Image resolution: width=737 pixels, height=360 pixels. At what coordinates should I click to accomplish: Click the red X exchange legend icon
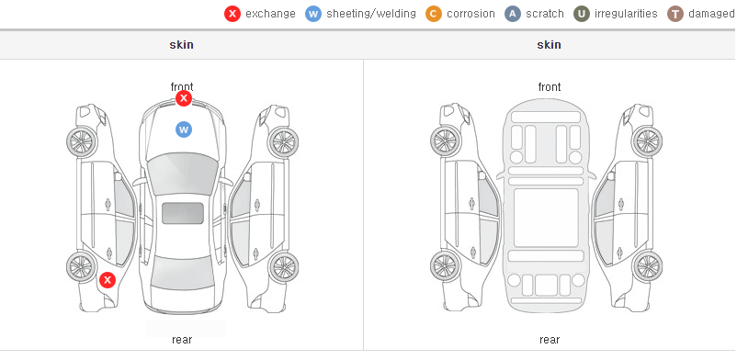click(232, 14)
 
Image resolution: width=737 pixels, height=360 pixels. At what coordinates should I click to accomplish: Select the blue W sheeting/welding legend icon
click(313, 14)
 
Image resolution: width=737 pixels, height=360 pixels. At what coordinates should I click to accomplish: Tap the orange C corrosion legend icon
click(434, 14)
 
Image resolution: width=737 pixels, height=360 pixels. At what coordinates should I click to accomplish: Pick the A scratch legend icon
click(513, 14)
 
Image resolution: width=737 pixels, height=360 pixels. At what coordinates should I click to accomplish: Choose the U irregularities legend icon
click(582, 14)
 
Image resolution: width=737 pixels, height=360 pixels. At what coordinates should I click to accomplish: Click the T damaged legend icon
click(675, 14)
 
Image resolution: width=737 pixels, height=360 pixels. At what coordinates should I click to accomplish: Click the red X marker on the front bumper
click(184, 98)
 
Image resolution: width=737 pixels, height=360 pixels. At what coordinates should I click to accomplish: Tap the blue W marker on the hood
click(184, 129)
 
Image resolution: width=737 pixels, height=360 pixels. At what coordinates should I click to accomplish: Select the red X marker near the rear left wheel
click(108, 280)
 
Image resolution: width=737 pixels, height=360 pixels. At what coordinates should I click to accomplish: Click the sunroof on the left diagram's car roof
click(183, 213)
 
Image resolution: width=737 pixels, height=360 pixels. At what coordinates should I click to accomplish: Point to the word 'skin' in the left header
click(181, 45)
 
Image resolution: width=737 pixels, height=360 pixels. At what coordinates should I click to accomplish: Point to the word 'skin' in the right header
click(549, 45)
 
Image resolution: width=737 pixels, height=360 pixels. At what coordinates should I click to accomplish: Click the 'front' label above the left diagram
click(182, 86)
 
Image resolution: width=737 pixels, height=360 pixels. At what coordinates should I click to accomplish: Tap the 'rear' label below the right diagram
click(550, 339)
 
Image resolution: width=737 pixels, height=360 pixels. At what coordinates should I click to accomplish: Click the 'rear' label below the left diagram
click(182, 339)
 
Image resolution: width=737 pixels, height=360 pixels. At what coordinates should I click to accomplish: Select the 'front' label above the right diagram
click(550, 86)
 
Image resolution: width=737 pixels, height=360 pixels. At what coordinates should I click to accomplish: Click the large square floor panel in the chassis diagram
click(546, 218)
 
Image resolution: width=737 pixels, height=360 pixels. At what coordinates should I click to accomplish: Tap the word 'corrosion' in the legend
click(471, 14)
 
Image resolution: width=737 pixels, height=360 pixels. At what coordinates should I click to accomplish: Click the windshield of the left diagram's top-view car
click(183, 174)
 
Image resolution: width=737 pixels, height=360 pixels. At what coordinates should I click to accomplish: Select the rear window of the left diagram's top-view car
click(183, 273)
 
